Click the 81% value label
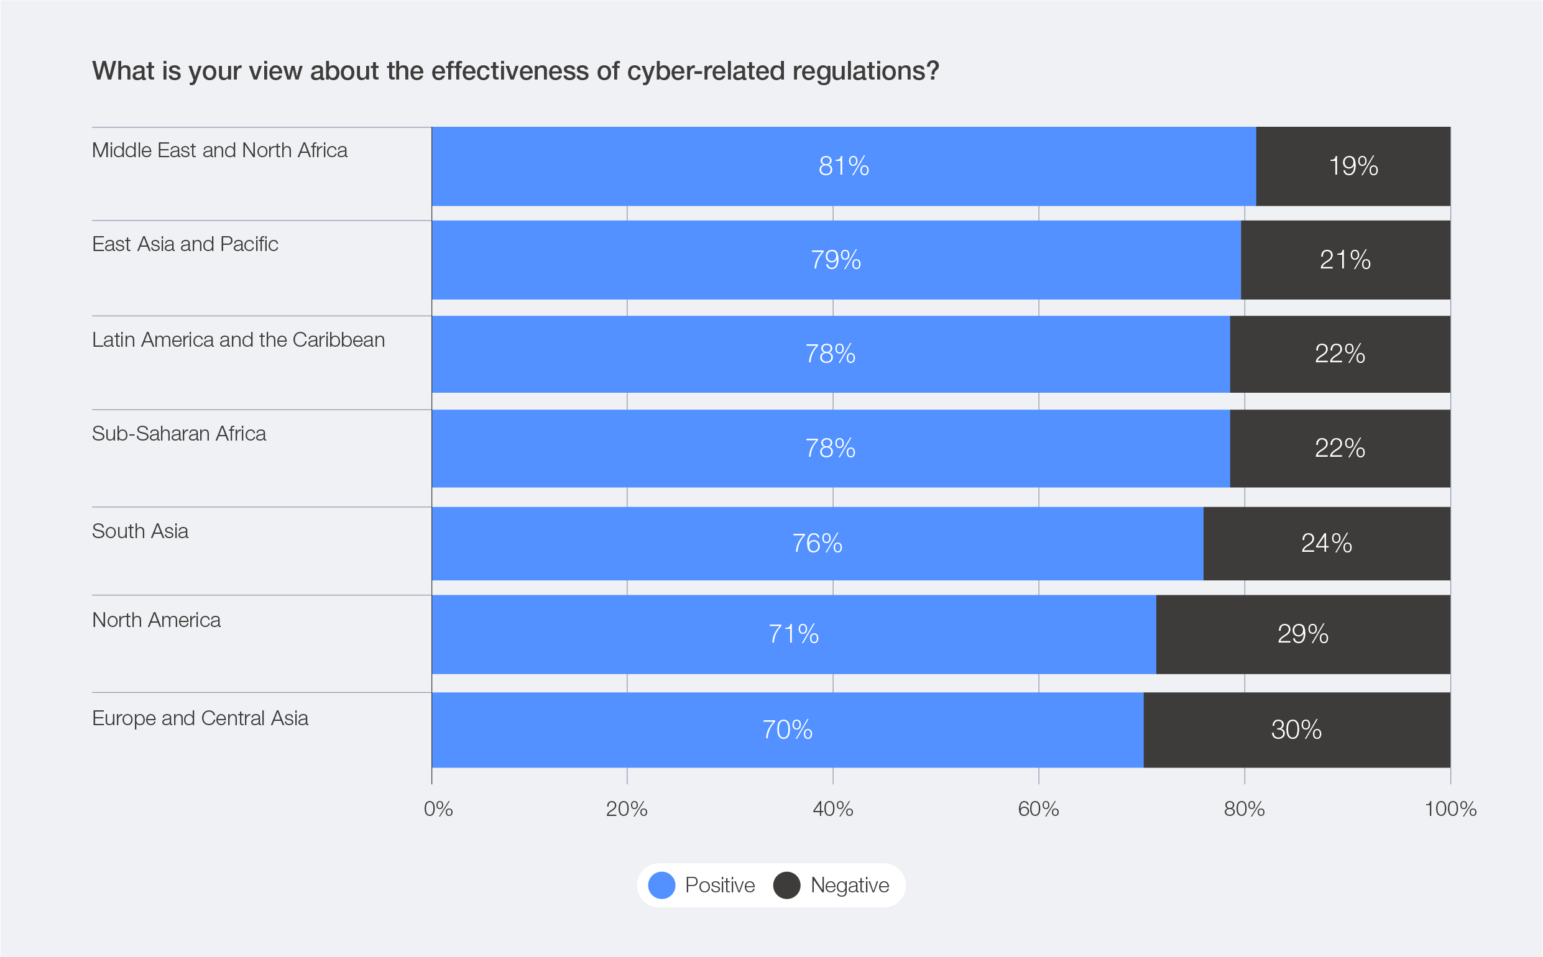point(844,167)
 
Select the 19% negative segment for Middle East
point(1353,167)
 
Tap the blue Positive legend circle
point(661,885)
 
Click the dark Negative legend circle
point(786,885)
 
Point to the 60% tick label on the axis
point(1038,809)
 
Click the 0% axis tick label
point(438,809)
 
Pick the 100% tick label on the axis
point(1450,809)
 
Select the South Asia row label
point(140,531)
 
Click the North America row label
point(157,620)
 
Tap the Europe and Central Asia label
point(200,718)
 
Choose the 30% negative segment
point(1296,730)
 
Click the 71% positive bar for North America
point(793,634)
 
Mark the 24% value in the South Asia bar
point(1327,543)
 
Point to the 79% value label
point(836,260)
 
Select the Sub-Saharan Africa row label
point(179,434)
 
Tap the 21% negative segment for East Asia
point(1345,260)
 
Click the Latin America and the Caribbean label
point(238,340)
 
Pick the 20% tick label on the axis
point(627,809)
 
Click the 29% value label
point(1302,634)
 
